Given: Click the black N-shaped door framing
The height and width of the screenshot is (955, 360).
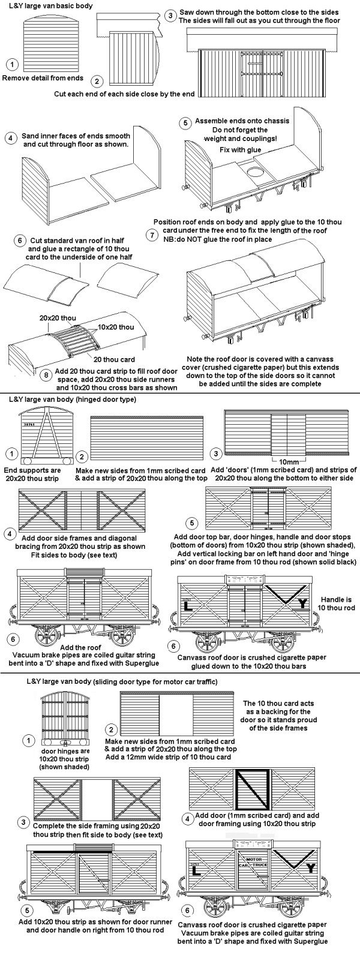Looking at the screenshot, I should tap(252, 786).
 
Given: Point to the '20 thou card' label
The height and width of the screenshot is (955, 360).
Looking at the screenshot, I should tap(109, 359).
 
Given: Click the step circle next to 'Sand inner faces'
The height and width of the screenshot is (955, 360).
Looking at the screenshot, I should tap(10, 137).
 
